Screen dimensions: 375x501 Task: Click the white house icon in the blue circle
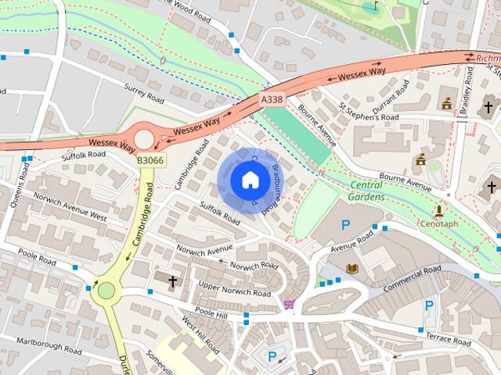250,180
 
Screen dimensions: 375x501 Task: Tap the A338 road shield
272,100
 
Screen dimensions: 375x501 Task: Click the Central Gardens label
366,191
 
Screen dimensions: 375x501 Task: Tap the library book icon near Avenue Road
351,268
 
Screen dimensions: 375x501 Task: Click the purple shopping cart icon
289,304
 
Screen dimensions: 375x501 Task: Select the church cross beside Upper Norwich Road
172,280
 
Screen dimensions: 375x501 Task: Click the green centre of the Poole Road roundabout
106,291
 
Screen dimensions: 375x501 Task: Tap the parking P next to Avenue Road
346,226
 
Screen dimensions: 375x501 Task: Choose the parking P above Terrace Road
428,305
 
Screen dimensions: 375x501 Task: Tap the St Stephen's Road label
369,112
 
